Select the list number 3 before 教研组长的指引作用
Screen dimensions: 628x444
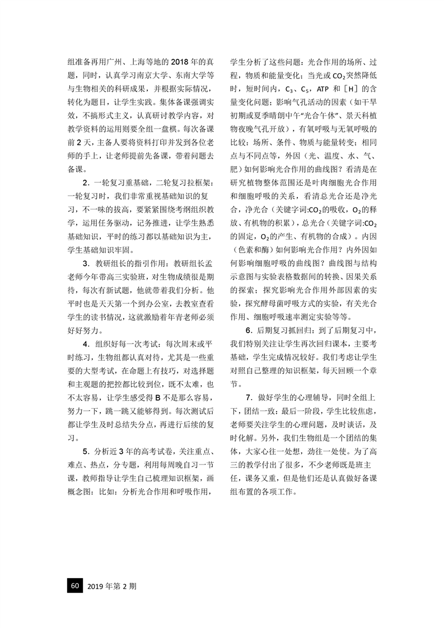coord(85,264)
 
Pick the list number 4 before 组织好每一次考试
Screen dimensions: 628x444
coord(85,344)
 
